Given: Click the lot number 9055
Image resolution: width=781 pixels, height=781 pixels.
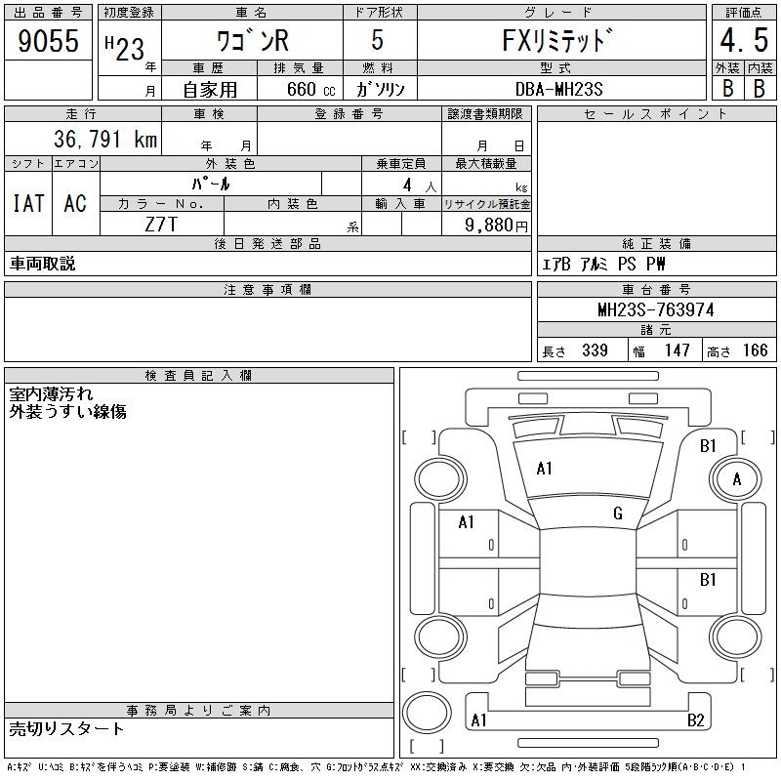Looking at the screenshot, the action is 48,40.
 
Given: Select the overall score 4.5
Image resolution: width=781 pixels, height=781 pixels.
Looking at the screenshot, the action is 744,40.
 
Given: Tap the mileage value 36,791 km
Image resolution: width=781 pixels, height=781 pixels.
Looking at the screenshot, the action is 105,139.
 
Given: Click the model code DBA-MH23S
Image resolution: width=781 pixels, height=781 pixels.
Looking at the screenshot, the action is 558,89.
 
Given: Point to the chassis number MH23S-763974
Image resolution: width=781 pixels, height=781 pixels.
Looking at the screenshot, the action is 656,309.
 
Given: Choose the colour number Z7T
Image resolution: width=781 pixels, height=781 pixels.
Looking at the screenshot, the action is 161,225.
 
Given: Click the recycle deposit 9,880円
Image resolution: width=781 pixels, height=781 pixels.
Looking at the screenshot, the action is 496,225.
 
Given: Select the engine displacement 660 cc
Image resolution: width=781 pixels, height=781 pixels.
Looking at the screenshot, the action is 310,89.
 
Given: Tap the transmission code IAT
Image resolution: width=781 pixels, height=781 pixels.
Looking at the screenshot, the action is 28,203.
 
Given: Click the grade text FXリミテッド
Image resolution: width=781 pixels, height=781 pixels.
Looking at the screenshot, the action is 556,40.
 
